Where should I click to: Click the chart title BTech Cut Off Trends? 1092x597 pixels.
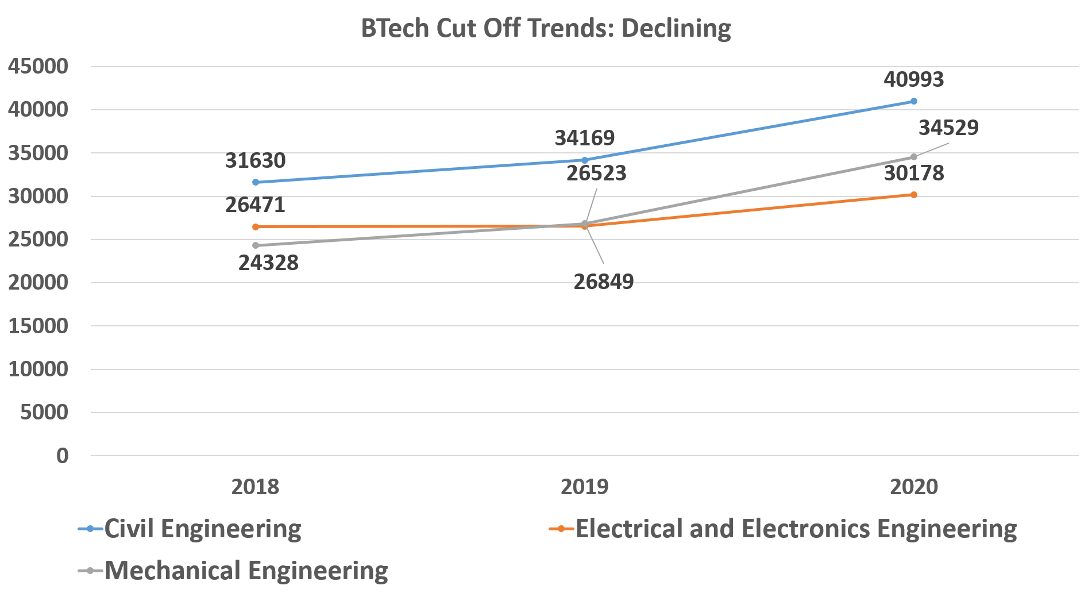pyautogui.click(x=546, y=28)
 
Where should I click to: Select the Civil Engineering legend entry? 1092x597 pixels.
pyautogui.click(x=202, y=529)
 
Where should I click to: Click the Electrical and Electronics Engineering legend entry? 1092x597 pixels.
pyautogui.click(x=796, y=529)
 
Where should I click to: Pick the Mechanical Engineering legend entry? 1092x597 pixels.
pyautogui.click(x=246, y=571)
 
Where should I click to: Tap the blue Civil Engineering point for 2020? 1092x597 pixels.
pyautogui.click(x=914, y=101)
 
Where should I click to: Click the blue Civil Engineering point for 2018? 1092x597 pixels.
pyautogui.click(x=256, y=182)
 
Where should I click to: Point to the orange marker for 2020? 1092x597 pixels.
pyautogui.click(x=914, y=195)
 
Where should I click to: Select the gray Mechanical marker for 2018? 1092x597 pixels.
pyautogui.click(x=256, y=245)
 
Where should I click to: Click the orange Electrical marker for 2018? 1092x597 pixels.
pyautogui.click(x=256, y=227)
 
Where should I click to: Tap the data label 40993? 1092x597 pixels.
pyautogui.click(x=913, y=79)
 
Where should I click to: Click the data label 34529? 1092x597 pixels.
pyautogui.click(x=948, y=128)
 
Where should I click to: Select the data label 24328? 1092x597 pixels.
pyautogui.click(x=268, y=263)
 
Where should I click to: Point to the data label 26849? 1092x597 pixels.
pyautogui.click(x=603, y=282)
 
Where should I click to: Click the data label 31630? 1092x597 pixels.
pyautogui.click(x=255, y=161)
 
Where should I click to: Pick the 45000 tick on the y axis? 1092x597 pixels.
pyautogui.click(x=38, y=67)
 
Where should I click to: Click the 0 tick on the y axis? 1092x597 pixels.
pyautogui.click(x=62, y=456)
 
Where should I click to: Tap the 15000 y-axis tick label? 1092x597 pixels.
pyautogui.click(x=38, y=326)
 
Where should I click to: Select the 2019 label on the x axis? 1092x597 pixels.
pyautogui.click(x=584, y=487)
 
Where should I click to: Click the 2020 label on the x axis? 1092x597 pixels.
pyautogui.click(x=913, y=487)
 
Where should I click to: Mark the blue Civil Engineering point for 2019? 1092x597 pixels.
pyautogui.click(x=585, y=160)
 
